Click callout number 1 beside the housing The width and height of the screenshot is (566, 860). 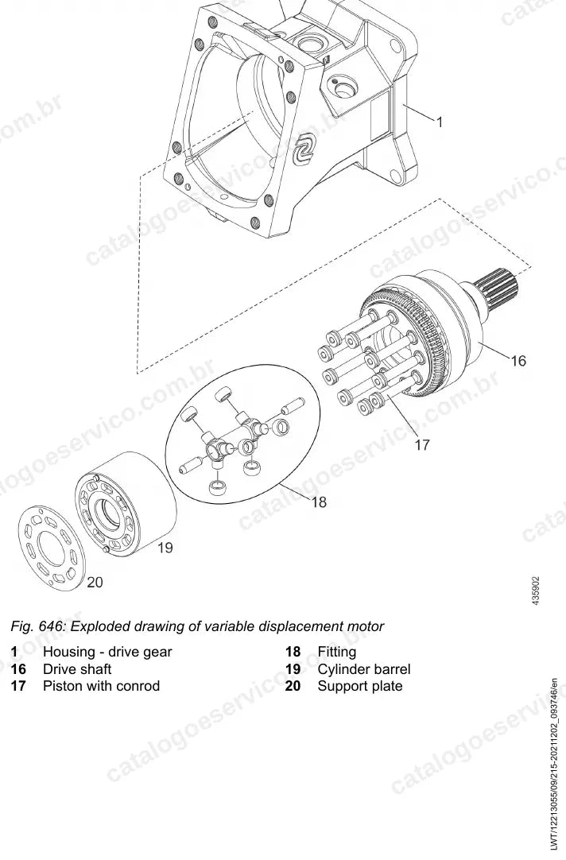click(440, 122)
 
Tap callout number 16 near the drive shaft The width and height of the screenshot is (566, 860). click(518, 361)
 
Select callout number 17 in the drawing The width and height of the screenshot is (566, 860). click(422, 445)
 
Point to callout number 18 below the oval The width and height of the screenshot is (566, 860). click(320, 502)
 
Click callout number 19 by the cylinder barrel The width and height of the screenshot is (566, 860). click(165, 548)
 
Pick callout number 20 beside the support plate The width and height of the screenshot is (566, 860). click(95, 582)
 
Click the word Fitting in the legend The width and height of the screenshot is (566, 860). click(337, 652)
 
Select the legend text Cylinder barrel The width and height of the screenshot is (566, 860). click(363, 669)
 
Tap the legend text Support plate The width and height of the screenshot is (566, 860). click(360, 686)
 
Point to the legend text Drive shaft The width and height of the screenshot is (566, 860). click(77, 669)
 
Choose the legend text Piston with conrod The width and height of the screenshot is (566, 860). click(102, 686)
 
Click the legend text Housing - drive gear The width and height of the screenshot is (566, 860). click(107, 652)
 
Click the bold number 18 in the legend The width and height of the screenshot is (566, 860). click(293, 652)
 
